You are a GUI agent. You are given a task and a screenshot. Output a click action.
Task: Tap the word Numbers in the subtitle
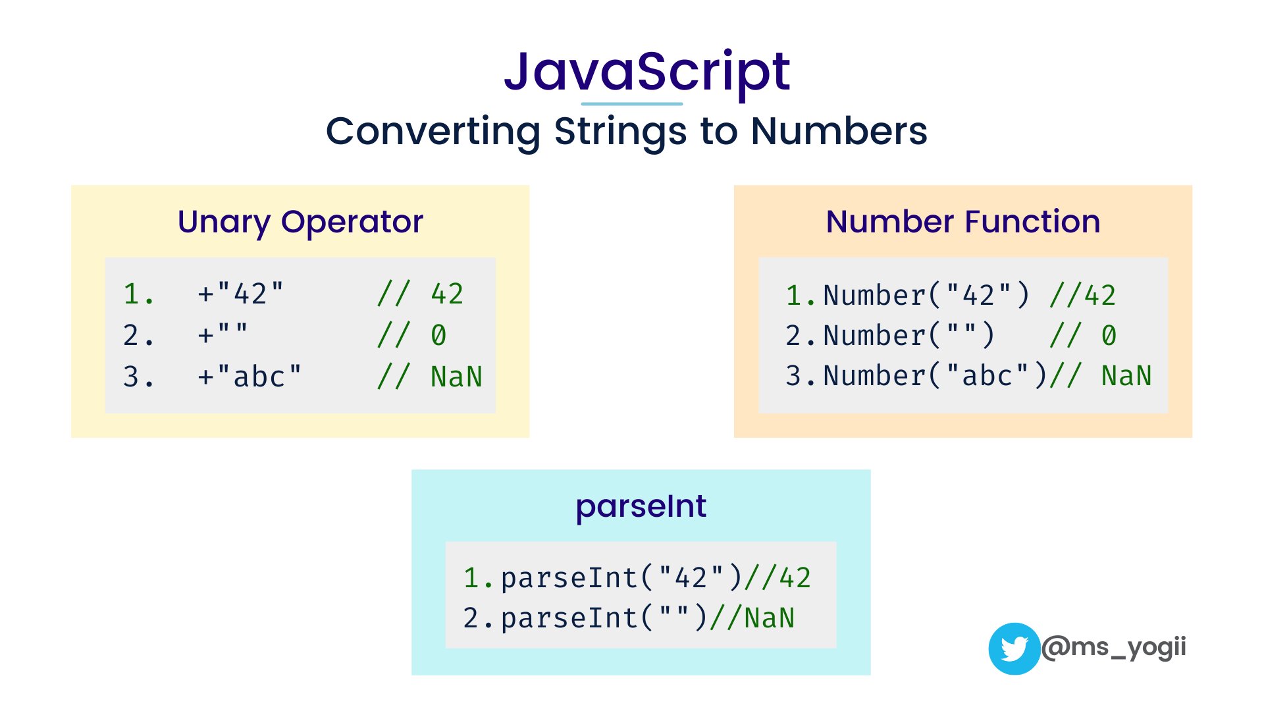[839, 131]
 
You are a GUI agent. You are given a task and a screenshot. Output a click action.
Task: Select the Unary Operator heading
[300, 222]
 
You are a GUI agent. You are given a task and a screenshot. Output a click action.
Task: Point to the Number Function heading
[962, 222]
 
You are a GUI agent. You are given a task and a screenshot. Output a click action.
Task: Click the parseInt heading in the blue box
[641, 506]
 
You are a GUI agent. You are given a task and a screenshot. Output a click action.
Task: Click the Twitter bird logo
[1014, 648]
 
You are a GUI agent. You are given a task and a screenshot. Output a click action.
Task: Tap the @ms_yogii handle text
[1114, 647]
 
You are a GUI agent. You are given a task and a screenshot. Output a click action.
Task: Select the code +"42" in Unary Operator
[240, 294]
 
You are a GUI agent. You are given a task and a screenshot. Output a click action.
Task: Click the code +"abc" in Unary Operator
[249, 377]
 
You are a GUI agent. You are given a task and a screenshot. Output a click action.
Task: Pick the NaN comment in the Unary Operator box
[456, 377]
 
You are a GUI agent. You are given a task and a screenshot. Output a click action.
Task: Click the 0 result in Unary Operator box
[438, 336]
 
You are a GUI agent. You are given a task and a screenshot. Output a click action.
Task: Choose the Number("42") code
[926, 296]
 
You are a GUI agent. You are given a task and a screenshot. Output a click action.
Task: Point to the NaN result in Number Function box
[1126, 376]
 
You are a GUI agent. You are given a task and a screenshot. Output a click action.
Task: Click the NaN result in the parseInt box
[770, 618]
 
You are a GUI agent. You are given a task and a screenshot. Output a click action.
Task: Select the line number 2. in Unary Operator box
[138, 336]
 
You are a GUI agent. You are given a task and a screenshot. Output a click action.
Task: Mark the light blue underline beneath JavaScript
[631, 104]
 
